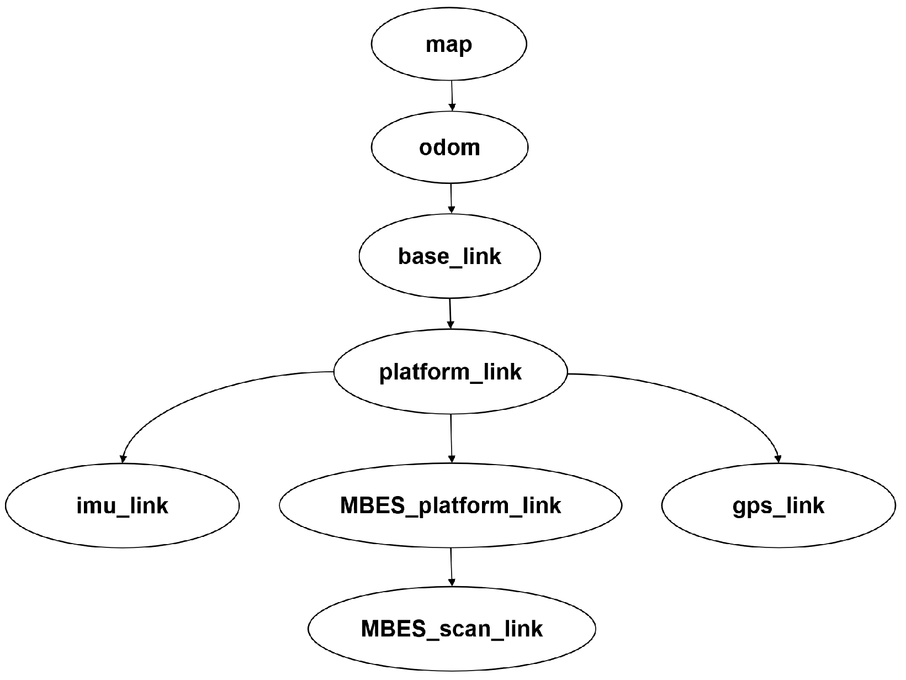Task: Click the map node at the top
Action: coord(448,45)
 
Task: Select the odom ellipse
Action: coord(449,147)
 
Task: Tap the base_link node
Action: coord(449,257)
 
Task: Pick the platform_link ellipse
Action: coord(450,372)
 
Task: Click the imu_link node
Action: coord(122,506)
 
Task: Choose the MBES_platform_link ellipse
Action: coord(451,506)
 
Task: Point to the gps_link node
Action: coord(778,506)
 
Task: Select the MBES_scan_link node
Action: coord(452,629)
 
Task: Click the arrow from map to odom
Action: coord(452,95)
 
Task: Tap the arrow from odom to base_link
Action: coord(451,198)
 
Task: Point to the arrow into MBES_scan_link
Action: coord(452,566)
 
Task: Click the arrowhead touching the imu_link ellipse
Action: coord(123,458)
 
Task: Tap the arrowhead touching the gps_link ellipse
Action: coord(778,458)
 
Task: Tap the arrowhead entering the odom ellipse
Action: coord(452,107)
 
